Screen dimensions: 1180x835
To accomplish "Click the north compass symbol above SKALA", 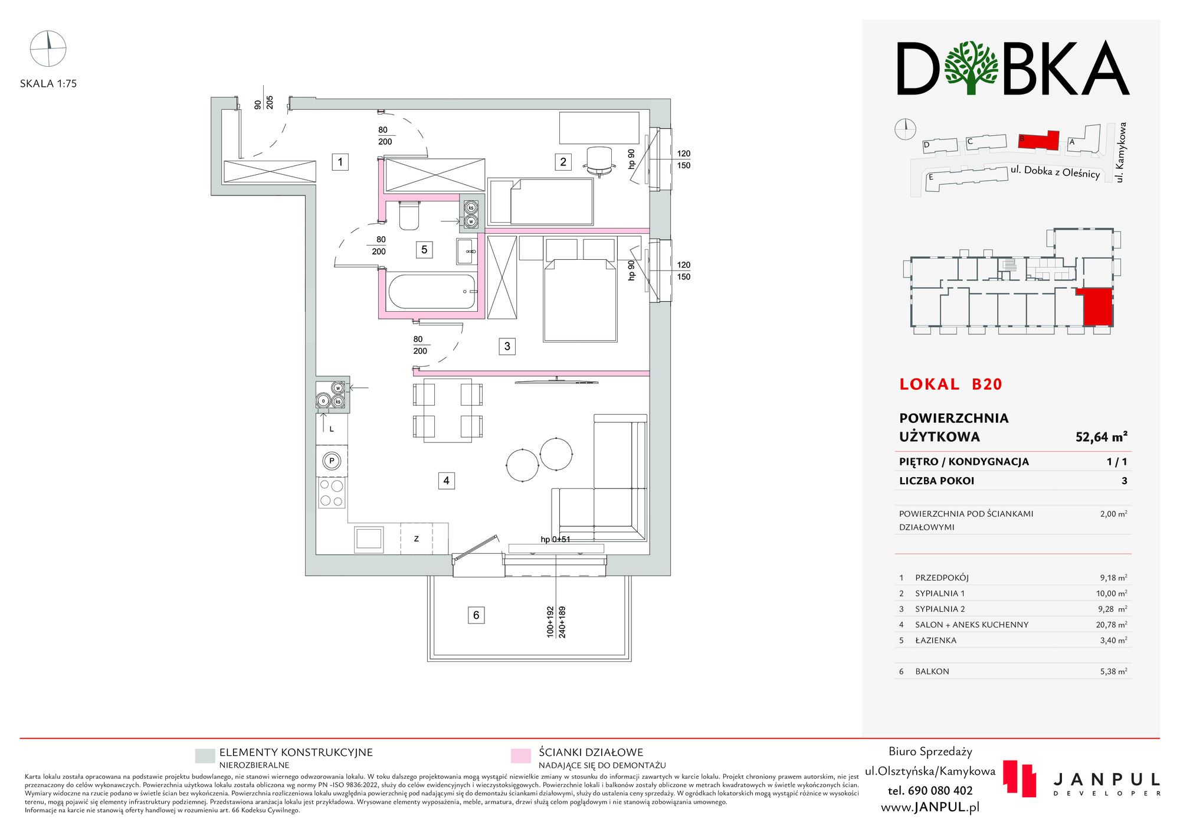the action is [48, 48].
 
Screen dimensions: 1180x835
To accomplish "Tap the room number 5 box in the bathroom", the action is [424, 250].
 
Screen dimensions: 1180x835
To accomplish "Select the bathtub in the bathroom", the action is [432, 292].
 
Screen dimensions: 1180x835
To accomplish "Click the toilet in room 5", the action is [409, 216].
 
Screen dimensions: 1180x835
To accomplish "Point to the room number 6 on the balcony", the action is [476, 615].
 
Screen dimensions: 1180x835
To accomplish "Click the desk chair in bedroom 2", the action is [599, 161].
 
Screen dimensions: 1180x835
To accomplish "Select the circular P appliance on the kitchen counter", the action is [332, 461].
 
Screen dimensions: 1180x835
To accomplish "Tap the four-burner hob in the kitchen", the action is [331, 493].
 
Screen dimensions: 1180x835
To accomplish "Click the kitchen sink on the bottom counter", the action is [369, 539].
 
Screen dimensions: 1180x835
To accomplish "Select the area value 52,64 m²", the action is [1101, 437].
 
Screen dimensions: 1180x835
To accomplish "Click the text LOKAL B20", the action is [950, 384].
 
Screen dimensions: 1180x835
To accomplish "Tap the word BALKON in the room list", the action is [932, 671].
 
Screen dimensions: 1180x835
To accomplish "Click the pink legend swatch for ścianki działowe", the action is [520, 756].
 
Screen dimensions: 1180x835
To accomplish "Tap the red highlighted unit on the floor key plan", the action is [1097, 307].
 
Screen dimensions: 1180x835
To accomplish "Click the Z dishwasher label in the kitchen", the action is [417, 539].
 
